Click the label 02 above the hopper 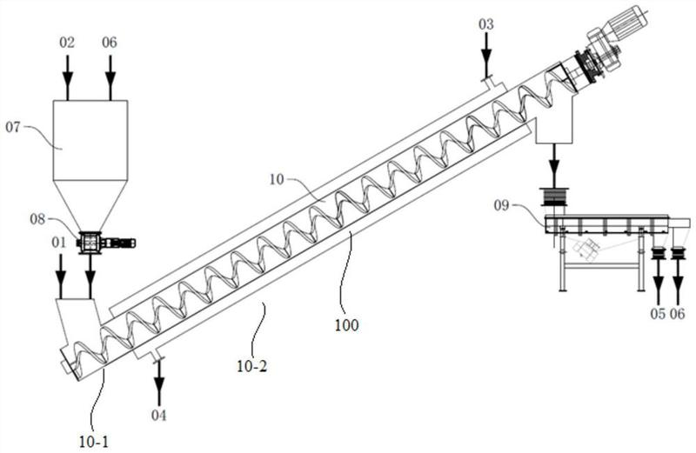[67, 43]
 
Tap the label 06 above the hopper [110, 43]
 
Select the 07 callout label [13, 128]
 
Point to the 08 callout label [37, 219]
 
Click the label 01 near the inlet [58, 243]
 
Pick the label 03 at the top [486, 24]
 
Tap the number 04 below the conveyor [159, 416]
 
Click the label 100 [346, 325]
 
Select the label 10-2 [252, 366]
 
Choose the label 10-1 [94, 442]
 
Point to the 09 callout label [502, 206]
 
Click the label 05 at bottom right [658, 314]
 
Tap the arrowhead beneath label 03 [486, 58]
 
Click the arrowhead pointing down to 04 [159, 385]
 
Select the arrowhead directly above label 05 [658, 285]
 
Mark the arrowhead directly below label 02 [68, 80]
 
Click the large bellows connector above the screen [553, 197]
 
